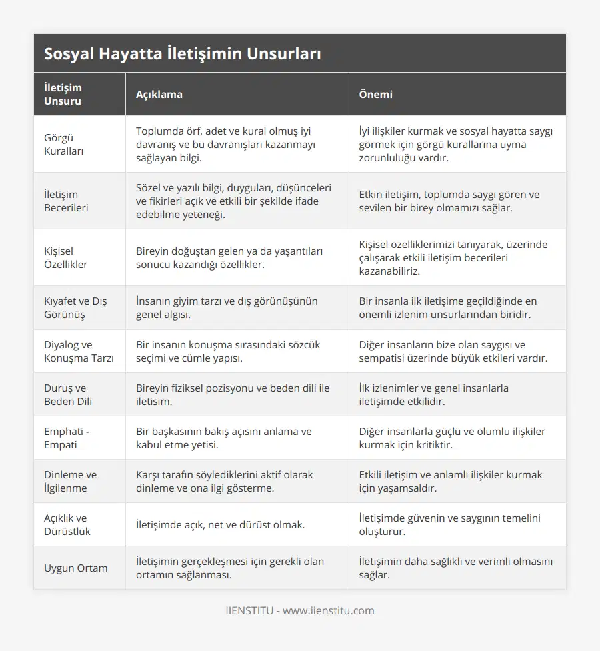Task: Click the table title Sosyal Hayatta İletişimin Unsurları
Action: point(182,54)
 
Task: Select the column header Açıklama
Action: point(159,95)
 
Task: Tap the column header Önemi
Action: point(375,95)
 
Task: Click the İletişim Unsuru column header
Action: point(63,95)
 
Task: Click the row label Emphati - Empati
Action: point(66,438)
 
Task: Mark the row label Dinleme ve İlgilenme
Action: point(70,481)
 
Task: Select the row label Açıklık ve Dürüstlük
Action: point(67,524)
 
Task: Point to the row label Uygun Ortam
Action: point(75,568)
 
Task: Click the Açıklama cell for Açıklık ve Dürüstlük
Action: point(220,524)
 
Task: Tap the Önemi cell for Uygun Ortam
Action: point(455,568)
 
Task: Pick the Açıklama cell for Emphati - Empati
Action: point(223,438)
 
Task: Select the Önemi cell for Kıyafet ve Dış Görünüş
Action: point(447,307)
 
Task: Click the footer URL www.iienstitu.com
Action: point(328,610)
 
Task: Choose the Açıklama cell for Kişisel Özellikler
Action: point(229,257)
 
